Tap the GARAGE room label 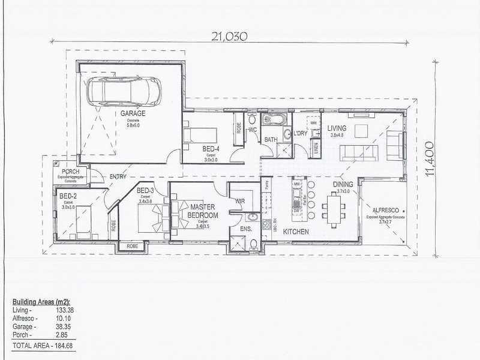133,113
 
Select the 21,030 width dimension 229,36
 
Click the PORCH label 71,172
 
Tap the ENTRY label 117,177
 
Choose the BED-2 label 67,196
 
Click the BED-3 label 146,191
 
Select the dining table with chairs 332,209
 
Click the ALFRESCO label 387,211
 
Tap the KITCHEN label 296,232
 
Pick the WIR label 242,200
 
